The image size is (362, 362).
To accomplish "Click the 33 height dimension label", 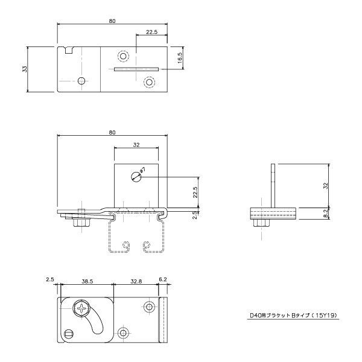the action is [x=25, y=69].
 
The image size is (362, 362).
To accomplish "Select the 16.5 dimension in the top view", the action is [x=180, y=58].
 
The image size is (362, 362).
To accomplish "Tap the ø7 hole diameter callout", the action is [x=142, y=171].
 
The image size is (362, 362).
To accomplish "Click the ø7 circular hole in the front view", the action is [x=136, y=177].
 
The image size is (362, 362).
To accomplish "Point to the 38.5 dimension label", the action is [x=87, y=281].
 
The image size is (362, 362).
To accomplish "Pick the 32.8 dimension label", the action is [x=136, y=281].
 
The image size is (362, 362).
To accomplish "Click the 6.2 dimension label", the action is [x=163, y=279].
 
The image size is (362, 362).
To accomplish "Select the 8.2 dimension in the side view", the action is [x=326, y=214].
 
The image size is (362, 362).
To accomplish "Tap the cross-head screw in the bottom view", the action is [x=81, y=308].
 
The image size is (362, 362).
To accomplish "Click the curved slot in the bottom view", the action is [x=95, y=320].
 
